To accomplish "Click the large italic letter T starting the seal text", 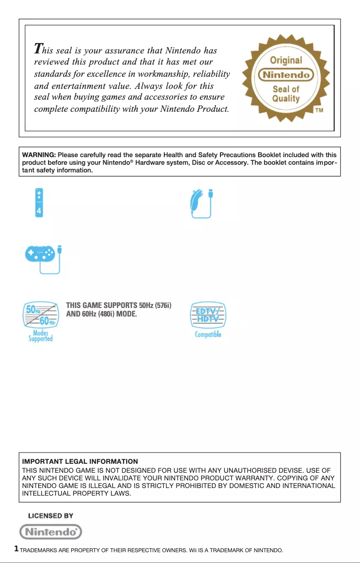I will (39, 48).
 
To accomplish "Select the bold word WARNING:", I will (39, 155).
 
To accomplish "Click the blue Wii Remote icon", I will (40, 202).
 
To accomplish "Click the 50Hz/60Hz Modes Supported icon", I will (40, 321).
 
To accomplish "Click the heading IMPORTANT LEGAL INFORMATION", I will (80, 461).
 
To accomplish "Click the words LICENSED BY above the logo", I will (51, 516).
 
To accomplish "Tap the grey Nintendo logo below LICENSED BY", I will (51, 532).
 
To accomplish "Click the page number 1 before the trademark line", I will (17, 549).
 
